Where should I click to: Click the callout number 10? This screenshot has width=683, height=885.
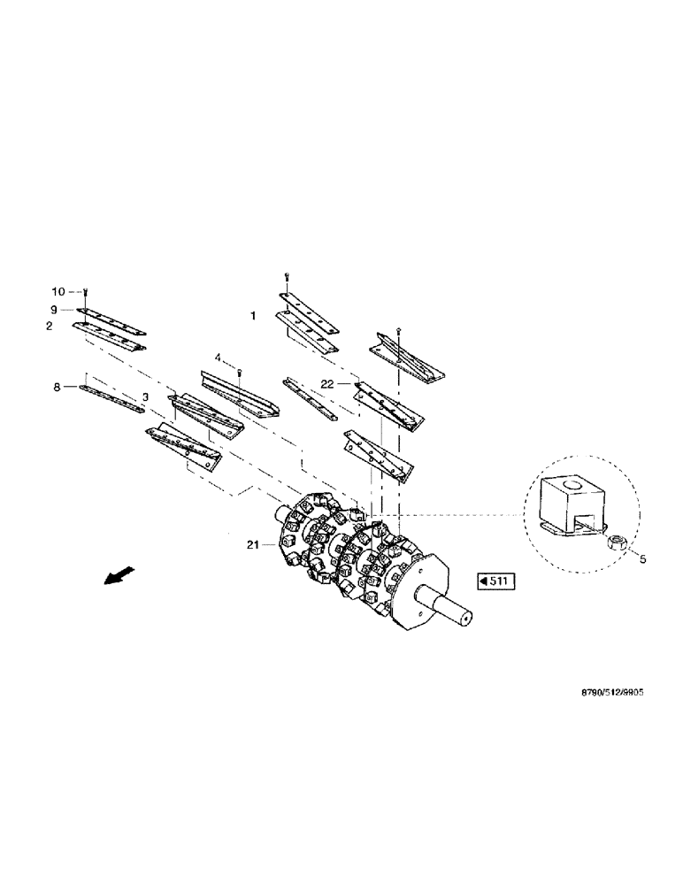pos(58,291)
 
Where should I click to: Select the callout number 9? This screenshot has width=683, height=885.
pos(54,310)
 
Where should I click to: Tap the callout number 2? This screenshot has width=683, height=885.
pos(50,326)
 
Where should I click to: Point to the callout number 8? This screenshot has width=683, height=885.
pos(57,387)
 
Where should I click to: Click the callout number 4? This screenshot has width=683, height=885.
pos(216,358)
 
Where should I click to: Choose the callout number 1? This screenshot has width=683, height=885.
pos(253,315)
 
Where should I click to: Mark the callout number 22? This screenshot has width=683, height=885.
pos(326,383)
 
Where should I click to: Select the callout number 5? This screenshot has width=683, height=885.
pos(642,558)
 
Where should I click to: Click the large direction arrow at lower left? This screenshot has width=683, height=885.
pos(115,575)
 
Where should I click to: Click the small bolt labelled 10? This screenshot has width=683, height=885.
pos(86,293)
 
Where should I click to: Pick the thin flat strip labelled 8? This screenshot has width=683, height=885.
pos(111,397)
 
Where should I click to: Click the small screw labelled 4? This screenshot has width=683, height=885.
pos(239,373)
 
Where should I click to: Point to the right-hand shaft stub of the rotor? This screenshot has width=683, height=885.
pos(456,612)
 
